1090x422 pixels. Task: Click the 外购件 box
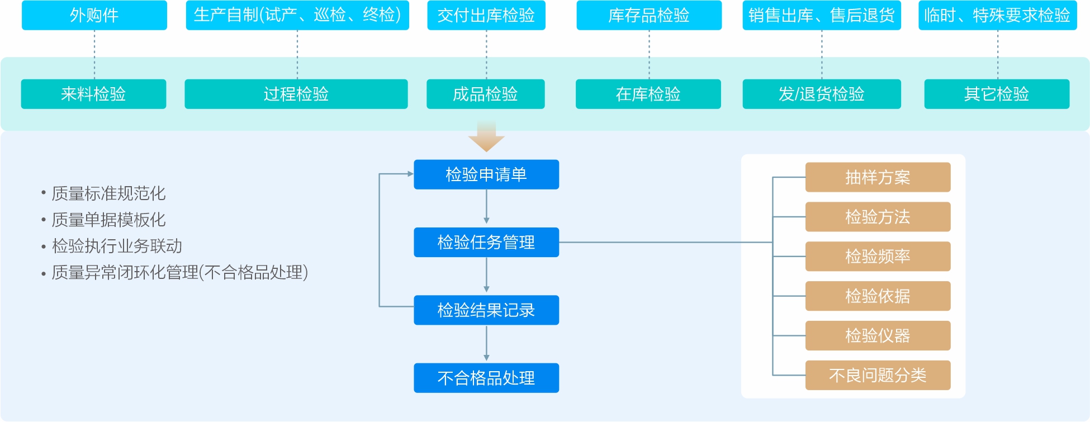(x=94, y=15)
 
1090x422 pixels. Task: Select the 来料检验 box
(x=93, y=94)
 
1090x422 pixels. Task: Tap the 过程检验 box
(x=296, y=94)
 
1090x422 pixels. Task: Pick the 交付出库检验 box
(x=486, y=15)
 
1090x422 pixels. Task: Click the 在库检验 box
(x=648, y=94)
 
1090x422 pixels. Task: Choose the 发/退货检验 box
(x=822, y=94)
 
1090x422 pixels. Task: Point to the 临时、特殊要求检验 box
(x=998, y=15)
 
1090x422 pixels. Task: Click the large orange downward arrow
(x=486, y=137)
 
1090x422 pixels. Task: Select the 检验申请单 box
(x=486, y=174)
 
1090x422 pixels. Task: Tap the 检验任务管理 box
(x=486, y=242)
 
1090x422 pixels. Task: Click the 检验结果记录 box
(x=486, y=310)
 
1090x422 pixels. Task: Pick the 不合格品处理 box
(x=486, y=378)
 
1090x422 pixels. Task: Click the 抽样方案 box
(x=878, y=177)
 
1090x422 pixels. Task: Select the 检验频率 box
(x=878, y=257)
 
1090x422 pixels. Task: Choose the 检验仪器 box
(x=878, y=335)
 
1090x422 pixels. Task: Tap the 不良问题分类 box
(x=878, y=375)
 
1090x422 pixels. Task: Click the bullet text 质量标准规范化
(x=108, y=193)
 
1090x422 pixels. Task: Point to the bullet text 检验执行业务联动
(x=117, y=246)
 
